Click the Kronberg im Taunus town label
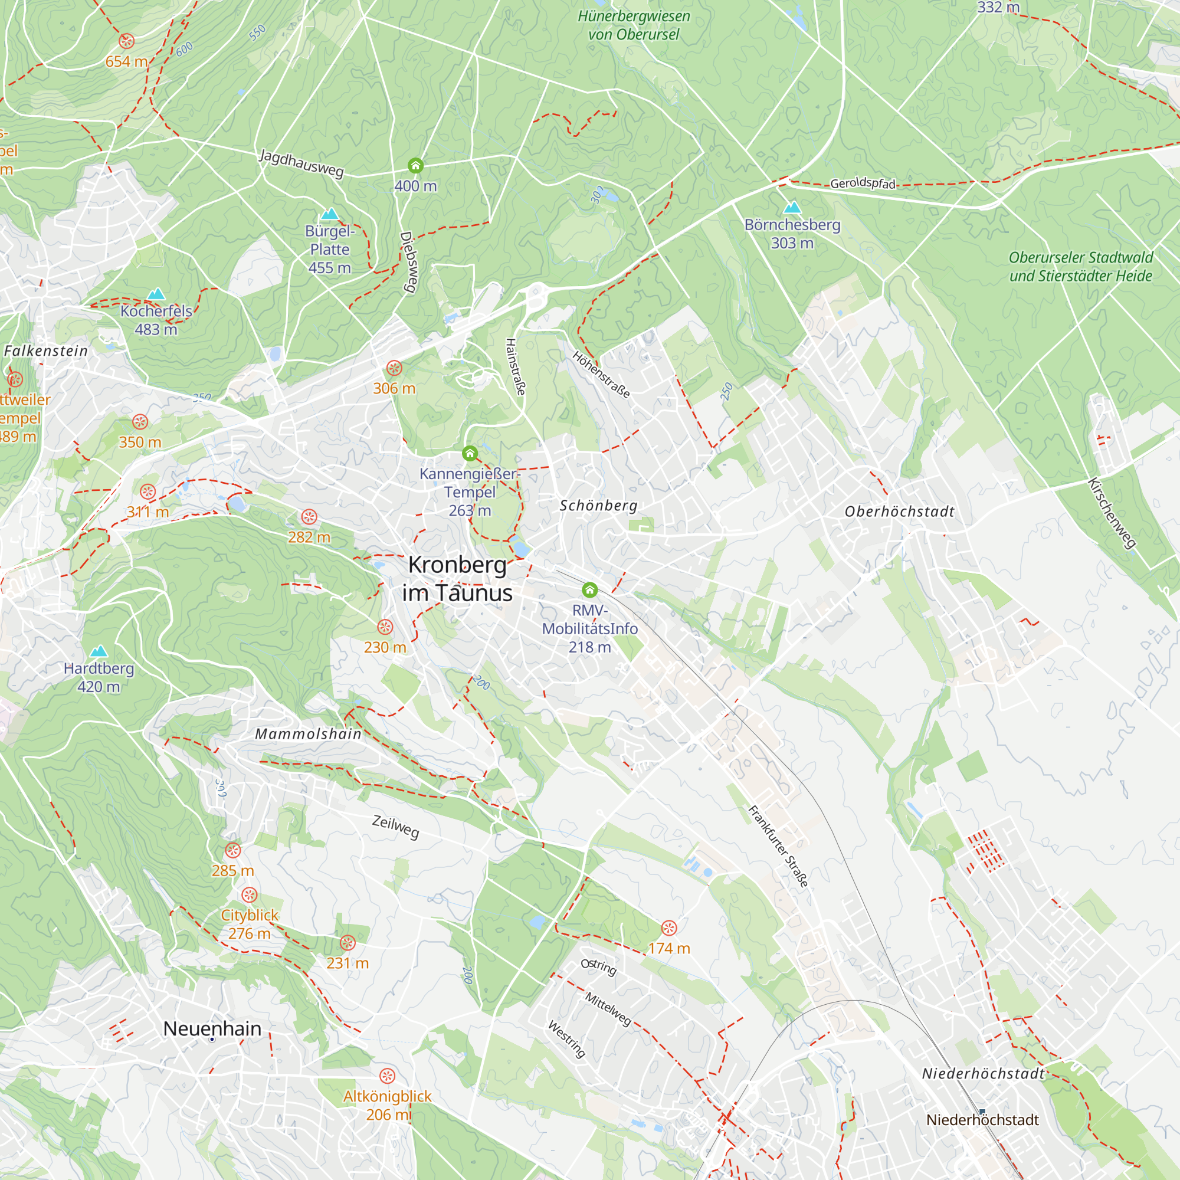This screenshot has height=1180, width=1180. pos(457,579)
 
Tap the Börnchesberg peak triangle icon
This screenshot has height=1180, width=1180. pos(792,207)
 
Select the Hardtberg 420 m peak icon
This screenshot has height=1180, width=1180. pos(99,651)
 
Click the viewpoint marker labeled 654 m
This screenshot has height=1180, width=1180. pos(126,41)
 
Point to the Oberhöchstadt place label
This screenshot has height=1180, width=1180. pos(899,512)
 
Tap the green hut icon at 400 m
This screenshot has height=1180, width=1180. pos(415,166)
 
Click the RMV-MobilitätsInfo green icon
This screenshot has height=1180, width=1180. pos(589,589)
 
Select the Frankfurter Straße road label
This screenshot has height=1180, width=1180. pos(779,847)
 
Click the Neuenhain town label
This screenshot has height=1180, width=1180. pos(212,1028)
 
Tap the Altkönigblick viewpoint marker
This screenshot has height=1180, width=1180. pos(387,1076)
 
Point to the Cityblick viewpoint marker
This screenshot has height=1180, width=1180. pos(249,896)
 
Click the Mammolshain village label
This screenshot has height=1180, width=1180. pos(309,734)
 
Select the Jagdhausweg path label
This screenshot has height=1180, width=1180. pos(301,162)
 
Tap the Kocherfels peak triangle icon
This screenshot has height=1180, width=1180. pos(156,294)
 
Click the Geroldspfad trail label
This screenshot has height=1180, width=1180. pos(863,183)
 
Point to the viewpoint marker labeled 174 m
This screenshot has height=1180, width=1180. pos(670,928)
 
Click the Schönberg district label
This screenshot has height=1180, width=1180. pos(598,506)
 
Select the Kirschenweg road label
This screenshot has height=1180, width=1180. pos(1112,513)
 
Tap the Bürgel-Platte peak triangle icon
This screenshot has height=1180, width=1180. pos(330,214)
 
